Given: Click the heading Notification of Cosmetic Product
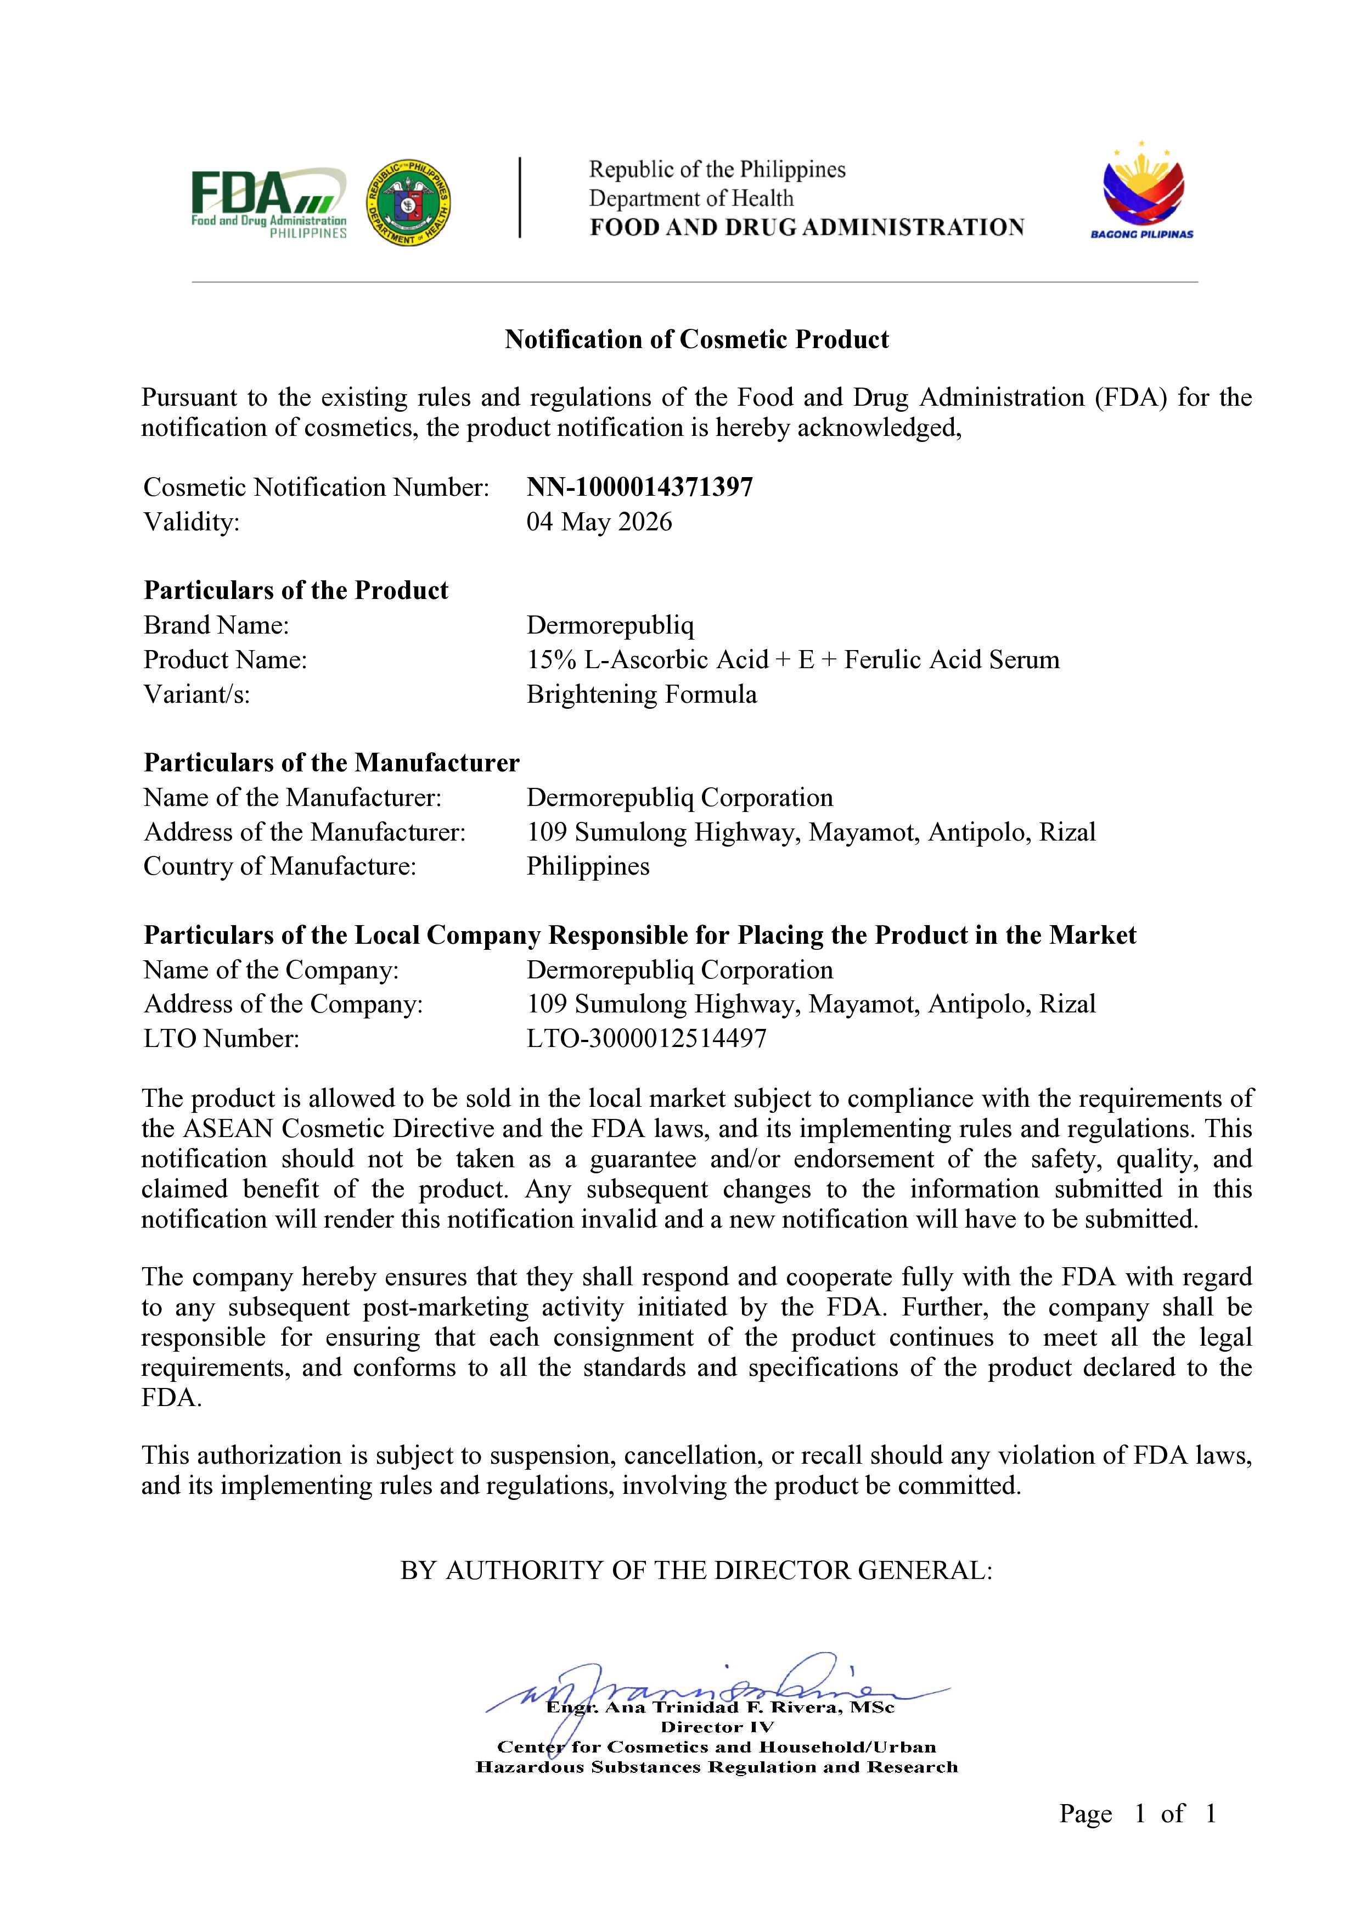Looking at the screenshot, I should [x=696, y=340].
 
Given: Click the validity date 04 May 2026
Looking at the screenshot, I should [x=599, y=522].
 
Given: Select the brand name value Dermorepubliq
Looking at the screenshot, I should [x=610, y=625].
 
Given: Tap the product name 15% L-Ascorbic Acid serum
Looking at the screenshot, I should [x=792, y=659].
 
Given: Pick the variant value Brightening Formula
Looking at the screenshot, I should [x=642, y=695].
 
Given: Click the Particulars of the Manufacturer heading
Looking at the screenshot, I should [x=331, y=763].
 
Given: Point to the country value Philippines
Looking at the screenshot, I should [x=588, y=866].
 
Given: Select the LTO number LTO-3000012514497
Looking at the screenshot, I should [x=646, y=1039].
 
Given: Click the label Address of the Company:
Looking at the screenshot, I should [x=283, y=1004].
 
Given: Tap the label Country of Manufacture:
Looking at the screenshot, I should [x=280, y=866].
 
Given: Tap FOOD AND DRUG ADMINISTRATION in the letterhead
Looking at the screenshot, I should [x=807, y=227].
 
